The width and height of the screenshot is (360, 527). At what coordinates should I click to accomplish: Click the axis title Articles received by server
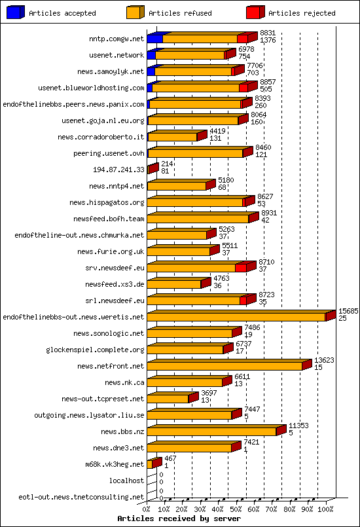coord(179,518)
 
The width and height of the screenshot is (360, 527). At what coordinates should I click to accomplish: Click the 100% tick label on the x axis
coord(325,509)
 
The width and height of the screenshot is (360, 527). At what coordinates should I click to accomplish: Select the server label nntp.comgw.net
coord(117,39)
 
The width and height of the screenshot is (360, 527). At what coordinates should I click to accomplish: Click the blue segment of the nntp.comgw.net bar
coord(154,39)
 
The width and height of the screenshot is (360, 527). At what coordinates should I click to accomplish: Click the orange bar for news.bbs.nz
coord(211,431)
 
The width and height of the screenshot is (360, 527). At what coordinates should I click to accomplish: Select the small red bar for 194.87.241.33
coord(153,169)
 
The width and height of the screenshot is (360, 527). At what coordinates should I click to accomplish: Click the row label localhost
coord(126,481)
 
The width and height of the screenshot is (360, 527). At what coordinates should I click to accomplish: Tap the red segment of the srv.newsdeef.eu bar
coord(240,268)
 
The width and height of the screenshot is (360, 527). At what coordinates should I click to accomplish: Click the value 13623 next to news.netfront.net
coord(324,359)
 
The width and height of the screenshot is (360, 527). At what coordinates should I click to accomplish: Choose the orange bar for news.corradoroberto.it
coord(173,137)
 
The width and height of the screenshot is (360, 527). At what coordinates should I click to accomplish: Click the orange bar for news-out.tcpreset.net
coord(168,399)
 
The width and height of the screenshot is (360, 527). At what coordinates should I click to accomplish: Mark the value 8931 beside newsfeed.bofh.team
coord(269,213)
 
